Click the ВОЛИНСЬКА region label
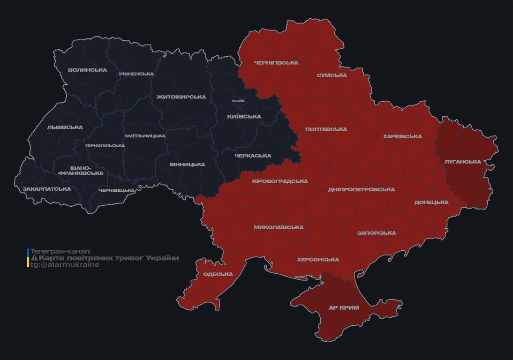pyautogui.click(x=87, y=70)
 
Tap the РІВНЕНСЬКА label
pyautogui.click(x=136, y=74)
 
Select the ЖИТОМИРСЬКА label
pyautogui.click(x=181, y=97)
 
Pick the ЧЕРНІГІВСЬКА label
pyautogui.click(x=276, y=63)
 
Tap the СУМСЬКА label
pyautogui.click(x=332, y=75)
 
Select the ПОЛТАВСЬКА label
pyautogui.click(x=326, y=129)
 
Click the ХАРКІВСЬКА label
pyautogui.click(x=402, y=137)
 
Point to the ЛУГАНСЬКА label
pyautogui.click(x=462, y=162)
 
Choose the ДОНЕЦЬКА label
pyautogui.click(x=431, y=202)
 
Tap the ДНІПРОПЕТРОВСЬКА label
pyautogui.click(x=361, y=190)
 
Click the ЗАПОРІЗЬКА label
pyautogui.click(x=376, y=233)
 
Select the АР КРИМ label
pyautogui.click(x=344, y=308)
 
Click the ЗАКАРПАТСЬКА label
pyautogui.click(x=46, y=189)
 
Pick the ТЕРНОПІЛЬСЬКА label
pyautogui.click(x=105, y=146)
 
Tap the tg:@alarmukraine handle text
pyautogui.click(x=65, y=264)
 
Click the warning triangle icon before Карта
pyautogui.click(x=34, y=258)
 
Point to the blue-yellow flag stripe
pyautogui.click(x=28, y=258)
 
